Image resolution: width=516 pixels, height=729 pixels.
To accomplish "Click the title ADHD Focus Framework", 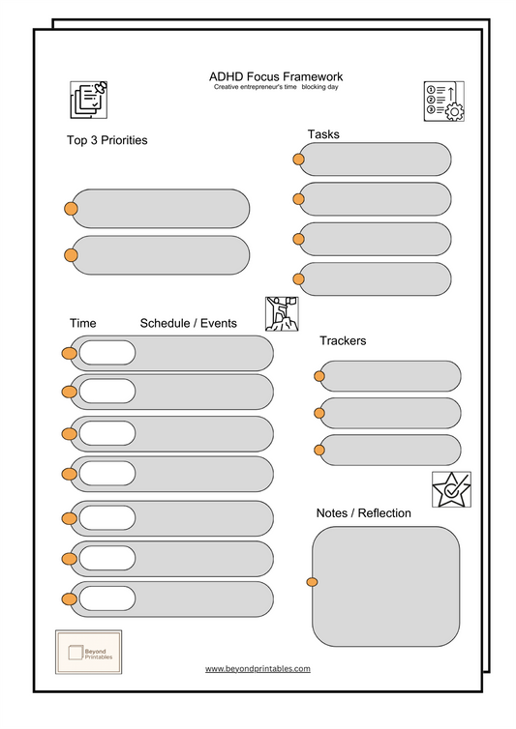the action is [276, 76].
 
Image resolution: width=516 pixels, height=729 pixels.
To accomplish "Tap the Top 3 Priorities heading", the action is [106, 140].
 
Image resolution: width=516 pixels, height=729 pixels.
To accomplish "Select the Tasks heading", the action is [323, 133].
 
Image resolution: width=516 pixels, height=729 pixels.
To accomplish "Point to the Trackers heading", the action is [343, 340].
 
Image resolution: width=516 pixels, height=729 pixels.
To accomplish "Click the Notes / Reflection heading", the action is [363, 512].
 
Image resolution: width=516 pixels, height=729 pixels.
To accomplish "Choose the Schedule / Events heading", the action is [188, 323].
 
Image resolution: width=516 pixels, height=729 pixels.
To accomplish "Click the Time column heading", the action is [83, 323].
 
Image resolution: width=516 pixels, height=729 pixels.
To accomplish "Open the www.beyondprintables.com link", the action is [258, 668].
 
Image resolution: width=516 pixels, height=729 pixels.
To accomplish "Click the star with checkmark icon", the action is [451, 489].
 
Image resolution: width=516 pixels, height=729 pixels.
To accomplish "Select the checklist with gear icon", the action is [443, 102].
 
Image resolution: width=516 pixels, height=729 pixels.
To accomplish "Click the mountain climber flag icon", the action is [282, 313].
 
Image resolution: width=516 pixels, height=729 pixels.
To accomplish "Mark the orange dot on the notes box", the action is [312, 582].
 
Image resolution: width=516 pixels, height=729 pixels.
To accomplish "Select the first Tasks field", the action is [376, 160].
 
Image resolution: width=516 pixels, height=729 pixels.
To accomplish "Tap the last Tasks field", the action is [376, 278].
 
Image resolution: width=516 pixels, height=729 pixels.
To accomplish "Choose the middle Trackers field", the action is [391, 413].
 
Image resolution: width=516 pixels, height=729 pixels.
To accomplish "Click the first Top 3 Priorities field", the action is [162, 209].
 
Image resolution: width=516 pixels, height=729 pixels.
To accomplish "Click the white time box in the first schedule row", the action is [106, 353].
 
